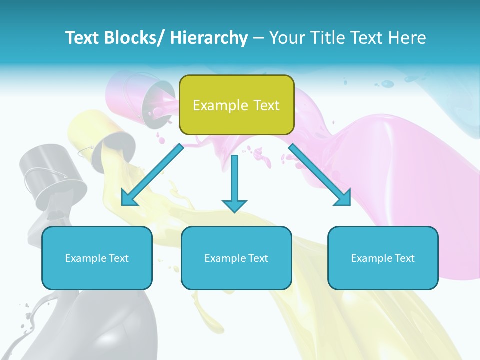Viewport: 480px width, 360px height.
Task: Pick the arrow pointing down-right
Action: [x=320, y=174]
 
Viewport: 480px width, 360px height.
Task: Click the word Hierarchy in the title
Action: [x=209, y=38]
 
